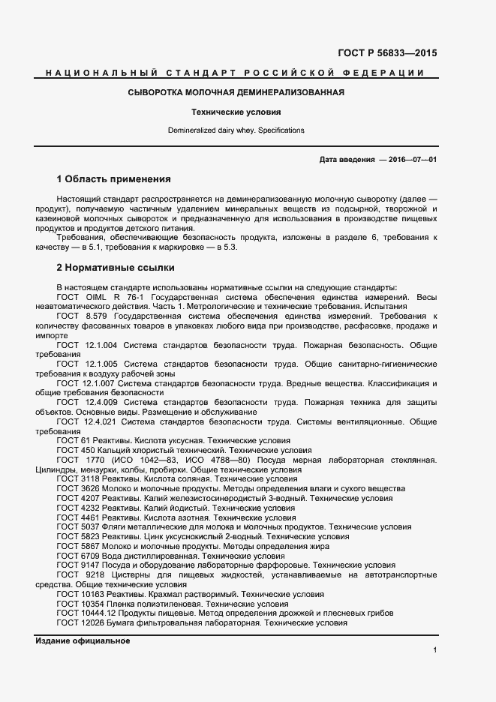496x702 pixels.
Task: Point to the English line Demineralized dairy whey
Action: (x=236, y=130)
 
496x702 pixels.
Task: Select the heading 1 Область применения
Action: (x=114, y=179)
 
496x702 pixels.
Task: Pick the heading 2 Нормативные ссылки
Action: (x=116, y=267)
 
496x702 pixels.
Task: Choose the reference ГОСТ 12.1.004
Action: (x=85, y=345)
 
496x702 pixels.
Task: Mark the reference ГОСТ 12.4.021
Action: (x=85, y=422)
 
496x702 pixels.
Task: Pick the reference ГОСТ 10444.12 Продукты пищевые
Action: (x=224, y=613)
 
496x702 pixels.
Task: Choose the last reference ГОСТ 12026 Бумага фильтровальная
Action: (x=202, y=622)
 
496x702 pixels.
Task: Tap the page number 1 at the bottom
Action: (x=434, y=649)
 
